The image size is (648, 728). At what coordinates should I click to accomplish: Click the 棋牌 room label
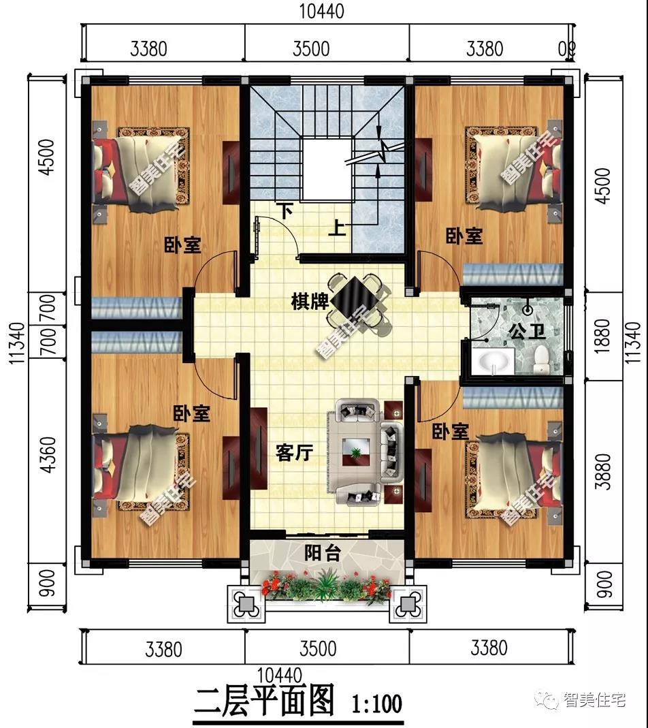point(310,302)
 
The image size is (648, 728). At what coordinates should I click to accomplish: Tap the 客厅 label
point(294,453)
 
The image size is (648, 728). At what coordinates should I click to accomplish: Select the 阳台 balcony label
point(323,553)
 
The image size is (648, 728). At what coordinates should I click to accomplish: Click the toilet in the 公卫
point(541,360)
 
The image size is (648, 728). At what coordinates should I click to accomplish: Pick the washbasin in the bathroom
point(493,361)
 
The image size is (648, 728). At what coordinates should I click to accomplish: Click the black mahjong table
point(357,300)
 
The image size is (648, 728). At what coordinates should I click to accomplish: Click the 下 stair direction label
point(286,212)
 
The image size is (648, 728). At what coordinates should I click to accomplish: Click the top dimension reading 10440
point(322,11)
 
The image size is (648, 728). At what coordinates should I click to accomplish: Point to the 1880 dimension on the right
point(602,336)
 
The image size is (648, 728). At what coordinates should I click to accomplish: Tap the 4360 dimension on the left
point(48,454)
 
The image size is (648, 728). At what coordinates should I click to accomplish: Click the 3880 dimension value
point(602,471)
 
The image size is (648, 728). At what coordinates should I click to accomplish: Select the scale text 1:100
point(377,703)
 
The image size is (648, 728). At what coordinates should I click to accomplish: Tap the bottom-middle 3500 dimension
point(318,648)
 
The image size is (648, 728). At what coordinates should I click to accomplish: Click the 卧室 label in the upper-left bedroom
point(183,244)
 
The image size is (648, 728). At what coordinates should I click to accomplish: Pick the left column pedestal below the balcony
point(246,604)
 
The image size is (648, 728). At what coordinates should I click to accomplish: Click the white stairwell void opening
point(326,170)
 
